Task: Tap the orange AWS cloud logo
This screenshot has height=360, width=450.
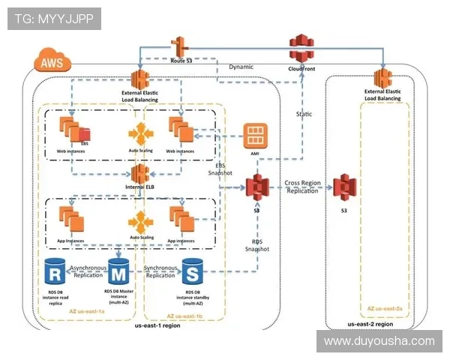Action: (51, 63)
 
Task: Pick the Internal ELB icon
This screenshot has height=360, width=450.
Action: (140, 172)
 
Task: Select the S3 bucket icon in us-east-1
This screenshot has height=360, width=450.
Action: (256, 187)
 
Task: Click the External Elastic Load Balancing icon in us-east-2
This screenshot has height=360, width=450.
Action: (382, 79)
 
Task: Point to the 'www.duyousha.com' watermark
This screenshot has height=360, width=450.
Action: (379, 341)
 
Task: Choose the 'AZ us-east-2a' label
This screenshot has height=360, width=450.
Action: (385, 308)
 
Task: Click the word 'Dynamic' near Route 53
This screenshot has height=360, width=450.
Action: (241, 67)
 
